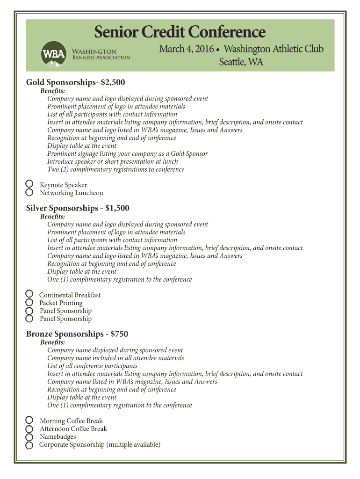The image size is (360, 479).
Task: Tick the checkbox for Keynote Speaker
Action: [x=29, y=184]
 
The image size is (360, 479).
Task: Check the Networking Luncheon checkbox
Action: [x=29, y=192]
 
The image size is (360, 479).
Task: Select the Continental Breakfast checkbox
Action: [x=29, y=294]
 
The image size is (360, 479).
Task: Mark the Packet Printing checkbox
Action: [x=29, y=302]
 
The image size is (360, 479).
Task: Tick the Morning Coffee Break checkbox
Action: [x=29, y=420]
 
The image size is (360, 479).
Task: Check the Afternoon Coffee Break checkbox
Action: [x=29, y=428]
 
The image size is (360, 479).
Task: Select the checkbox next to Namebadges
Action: [x=29, y=437]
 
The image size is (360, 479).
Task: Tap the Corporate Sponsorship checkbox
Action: [x=29, y=445]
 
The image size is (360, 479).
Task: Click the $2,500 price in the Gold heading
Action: [x=113, y=82]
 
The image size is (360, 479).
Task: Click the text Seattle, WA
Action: [x=241, y=62]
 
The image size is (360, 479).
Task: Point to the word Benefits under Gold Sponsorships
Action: [x=53, y=91]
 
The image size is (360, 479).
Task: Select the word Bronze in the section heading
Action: [x=39, y=334]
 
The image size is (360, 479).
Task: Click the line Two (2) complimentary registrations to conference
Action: [x=115, y=169]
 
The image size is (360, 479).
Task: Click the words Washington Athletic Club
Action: [x=274, y=50]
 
